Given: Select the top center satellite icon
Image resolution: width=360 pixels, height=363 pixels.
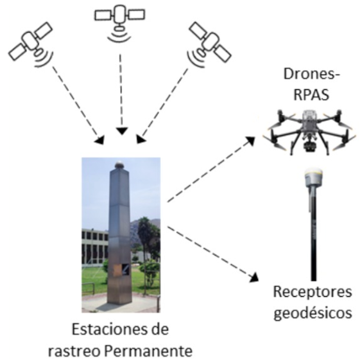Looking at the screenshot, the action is (119, 22).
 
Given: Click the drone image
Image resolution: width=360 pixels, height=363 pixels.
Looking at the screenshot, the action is (309, 130).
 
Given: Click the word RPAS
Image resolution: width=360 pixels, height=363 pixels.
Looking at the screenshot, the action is (311, 94).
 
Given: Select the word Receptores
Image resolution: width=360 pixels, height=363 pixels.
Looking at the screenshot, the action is (313, 292).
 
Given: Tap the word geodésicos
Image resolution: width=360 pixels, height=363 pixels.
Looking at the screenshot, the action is (313, 313).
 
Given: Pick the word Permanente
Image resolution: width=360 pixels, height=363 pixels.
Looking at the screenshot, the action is (148, 351).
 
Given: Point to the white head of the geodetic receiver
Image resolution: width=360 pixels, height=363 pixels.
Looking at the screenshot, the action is (313, 177).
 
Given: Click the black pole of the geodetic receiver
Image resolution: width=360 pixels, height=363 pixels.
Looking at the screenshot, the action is (313, 234).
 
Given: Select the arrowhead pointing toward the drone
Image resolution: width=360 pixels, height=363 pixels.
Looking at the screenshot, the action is (250, 140).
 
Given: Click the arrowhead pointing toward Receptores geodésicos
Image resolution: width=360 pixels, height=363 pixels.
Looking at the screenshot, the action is (254, 278).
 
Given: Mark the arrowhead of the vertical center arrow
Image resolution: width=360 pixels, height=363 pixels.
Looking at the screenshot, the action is (122, 131).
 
